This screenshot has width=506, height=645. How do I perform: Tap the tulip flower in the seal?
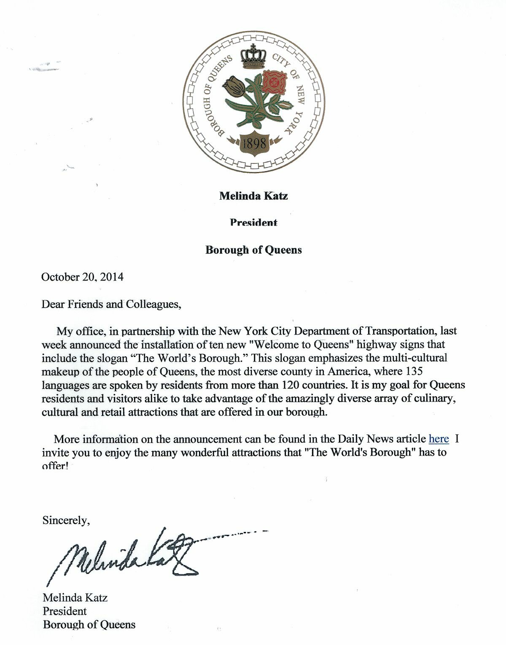[x=234, y=87]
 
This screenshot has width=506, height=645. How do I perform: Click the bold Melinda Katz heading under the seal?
[x=253, y=196]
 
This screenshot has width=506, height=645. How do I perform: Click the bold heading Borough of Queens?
[x=253, y=250]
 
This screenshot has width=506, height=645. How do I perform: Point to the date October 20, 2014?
[x=82, y=277]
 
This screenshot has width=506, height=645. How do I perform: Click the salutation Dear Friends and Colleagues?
[x=111, y=304]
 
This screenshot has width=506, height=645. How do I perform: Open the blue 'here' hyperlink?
[x=439, y=439]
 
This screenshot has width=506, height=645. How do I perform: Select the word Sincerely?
[x=66, y=521]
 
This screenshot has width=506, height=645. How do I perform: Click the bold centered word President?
[x=253, y=222]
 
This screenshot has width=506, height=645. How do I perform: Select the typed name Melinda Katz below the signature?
[x=75, y=598]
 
